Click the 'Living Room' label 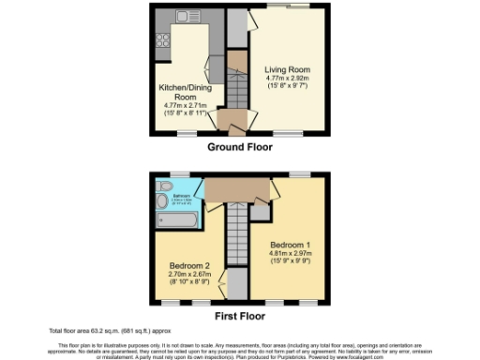coord(286,70)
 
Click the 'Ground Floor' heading coord(240,147)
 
